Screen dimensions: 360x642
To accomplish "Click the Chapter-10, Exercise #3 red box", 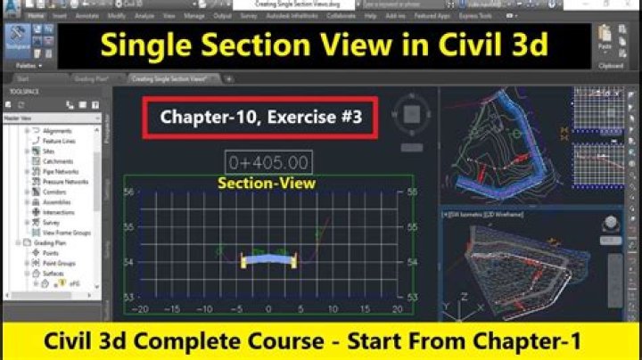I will click(261, 118).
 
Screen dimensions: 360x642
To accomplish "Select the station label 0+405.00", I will click(268, 163).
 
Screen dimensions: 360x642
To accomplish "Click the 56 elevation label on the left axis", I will click(128, 192).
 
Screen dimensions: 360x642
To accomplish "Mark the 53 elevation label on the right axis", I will click(411, 296).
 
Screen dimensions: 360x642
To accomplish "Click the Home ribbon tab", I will click(37, 16).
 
